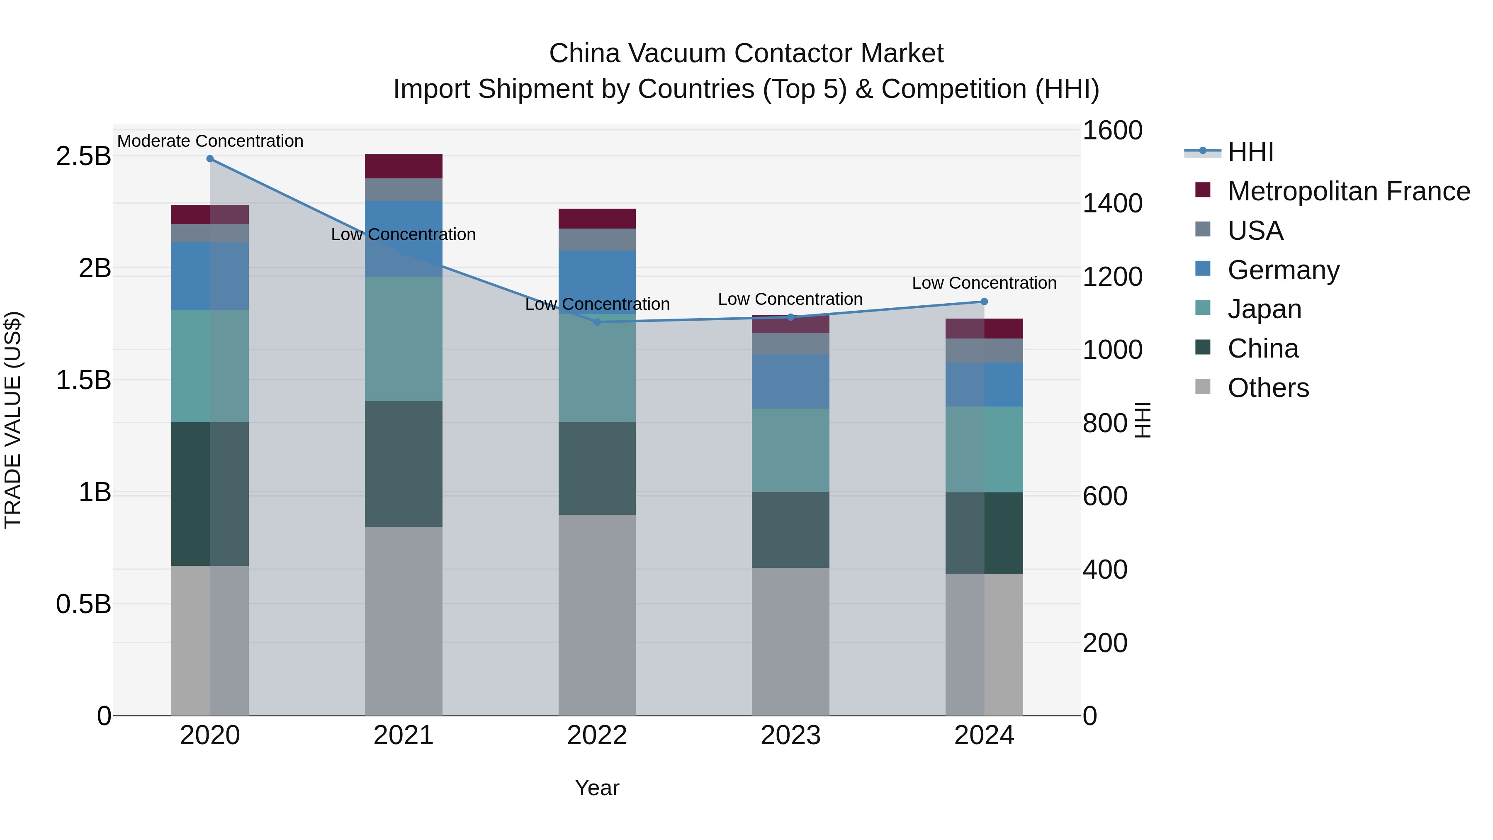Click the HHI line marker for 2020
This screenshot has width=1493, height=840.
pos(210,159)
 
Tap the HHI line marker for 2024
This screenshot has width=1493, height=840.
pos(984,302)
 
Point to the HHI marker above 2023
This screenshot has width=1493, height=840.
pos(790,317)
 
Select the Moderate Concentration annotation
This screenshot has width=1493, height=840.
pos(210,141)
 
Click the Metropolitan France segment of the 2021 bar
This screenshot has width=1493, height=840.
pos(404,166)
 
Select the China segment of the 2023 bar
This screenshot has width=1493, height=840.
pos(790,530)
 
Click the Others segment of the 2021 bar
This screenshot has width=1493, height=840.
pos(404,620)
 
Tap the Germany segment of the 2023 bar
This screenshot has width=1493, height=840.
pos(790,382)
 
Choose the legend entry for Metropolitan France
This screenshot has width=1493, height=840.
pos(1349,191)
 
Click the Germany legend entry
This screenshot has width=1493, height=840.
pos(1283,270)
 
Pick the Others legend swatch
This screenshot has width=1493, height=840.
pos(1203,387)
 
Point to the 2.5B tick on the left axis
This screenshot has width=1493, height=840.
pos(83,156)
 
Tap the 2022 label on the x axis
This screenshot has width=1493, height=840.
pos(597,735)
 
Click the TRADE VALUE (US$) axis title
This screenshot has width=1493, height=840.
pos(13,420)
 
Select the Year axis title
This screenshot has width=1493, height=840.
pos(597,788)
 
